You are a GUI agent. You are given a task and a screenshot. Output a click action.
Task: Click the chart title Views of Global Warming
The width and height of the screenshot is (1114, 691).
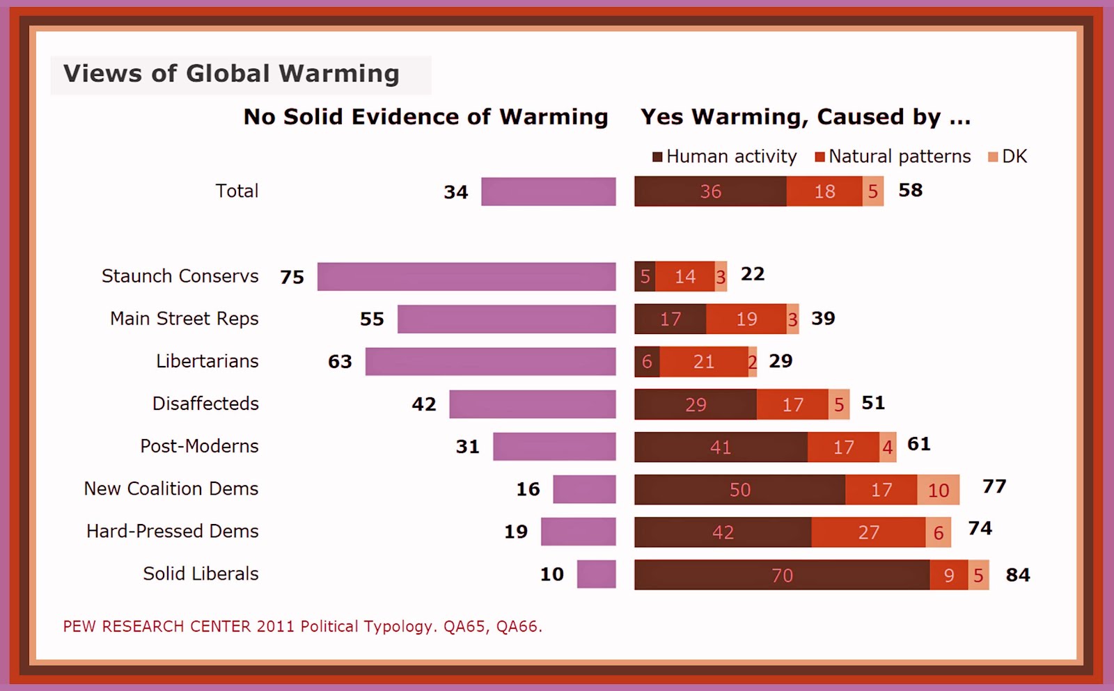click(x=231, y=74)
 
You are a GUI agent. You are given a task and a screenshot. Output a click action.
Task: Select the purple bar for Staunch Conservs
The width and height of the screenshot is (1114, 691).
click(x=466, y=276)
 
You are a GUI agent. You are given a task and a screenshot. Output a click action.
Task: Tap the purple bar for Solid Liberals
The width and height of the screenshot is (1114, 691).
click(x=596, y=574)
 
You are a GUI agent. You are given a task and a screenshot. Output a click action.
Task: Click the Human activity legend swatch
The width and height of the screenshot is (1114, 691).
click(x=657, y=157)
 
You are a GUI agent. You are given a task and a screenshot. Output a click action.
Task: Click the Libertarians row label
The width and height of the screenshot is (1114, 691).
click(x=207, y=361)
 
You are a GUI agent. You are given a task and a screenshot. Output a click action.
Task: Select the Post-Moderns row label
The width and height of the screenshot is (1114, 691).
click(x=199, y=446)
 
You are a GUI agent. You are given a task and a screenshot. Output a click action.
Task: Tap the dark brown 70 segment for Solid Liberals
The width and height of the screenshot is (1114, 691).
click(x=782, y=575)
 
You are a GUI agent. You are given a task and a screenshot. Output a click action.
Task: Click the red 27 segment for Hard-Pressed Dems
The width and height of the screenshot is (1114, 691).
click(x=868, y=532)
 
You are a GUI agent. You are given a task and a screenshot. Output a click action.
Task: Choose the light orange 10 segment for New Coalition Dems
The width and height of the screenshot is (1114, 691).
click(x=938, y=490)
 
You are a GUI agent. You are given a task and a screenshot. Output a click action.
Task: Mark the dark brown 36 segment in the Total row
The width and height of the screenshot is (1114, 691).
click(x=710, y=191)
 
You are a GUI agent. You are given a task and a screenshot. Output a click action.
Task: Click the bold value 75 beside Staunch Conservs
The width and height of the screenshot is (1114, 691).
click(x=292, y=277)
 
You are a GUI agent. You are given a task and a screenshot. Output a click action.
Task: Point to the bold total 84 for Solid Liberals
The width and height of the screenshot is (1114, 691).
click(x=1018, y=575)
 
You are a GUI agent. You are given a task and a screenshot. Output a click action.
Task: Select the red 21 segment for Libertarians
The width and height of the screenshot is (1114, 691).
click(x=703, y=362)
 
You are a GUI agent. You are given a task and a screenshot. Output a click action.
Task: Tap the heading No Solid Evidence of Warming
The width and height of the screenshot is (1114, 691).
click(x=425, y=117)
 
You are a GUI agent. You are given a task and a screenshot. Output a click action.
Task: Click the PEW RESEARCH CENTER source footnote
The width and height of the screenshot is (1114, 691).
click(x=302, y=626)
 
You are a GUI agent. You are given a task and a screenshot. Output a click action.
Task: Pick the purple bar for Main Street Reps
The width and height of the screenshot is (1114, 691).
click(x=506, y=319)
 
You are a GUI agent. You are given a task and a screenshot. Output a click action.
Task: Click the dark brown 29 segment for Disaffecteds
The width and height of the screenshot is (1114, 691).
click(x=695, y=404)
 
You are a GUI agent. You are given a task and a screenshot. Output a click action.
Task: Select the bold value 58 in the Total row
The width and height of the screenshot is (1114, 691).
click(x=910, y=190)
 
